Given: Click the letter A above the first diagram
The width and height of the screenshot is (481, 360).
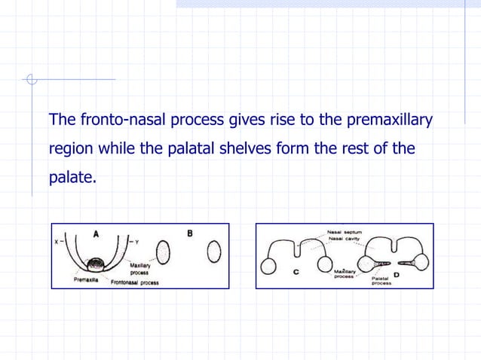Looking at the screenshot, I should [x=96, y=234].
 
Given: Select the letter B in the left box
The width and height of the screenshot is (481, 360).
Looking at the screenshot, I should [x=190, y=233].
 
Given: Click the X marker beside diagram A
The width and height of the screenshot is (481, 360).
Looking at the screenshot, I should [x=57, y=242].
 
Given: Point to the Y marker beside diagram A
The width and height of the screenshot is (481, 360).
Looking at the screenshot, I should [x=136, y=242].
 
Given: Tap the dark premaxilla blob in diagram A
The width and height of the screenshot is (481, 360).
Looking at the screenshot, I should [x=97, y=264].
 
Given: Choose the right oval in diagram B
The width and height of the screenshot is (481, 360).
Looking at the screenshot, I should [x=214, y=250].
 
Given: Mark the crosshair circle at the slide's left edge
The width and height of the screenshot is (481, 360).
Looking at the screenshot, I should [x=31, y=79].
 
